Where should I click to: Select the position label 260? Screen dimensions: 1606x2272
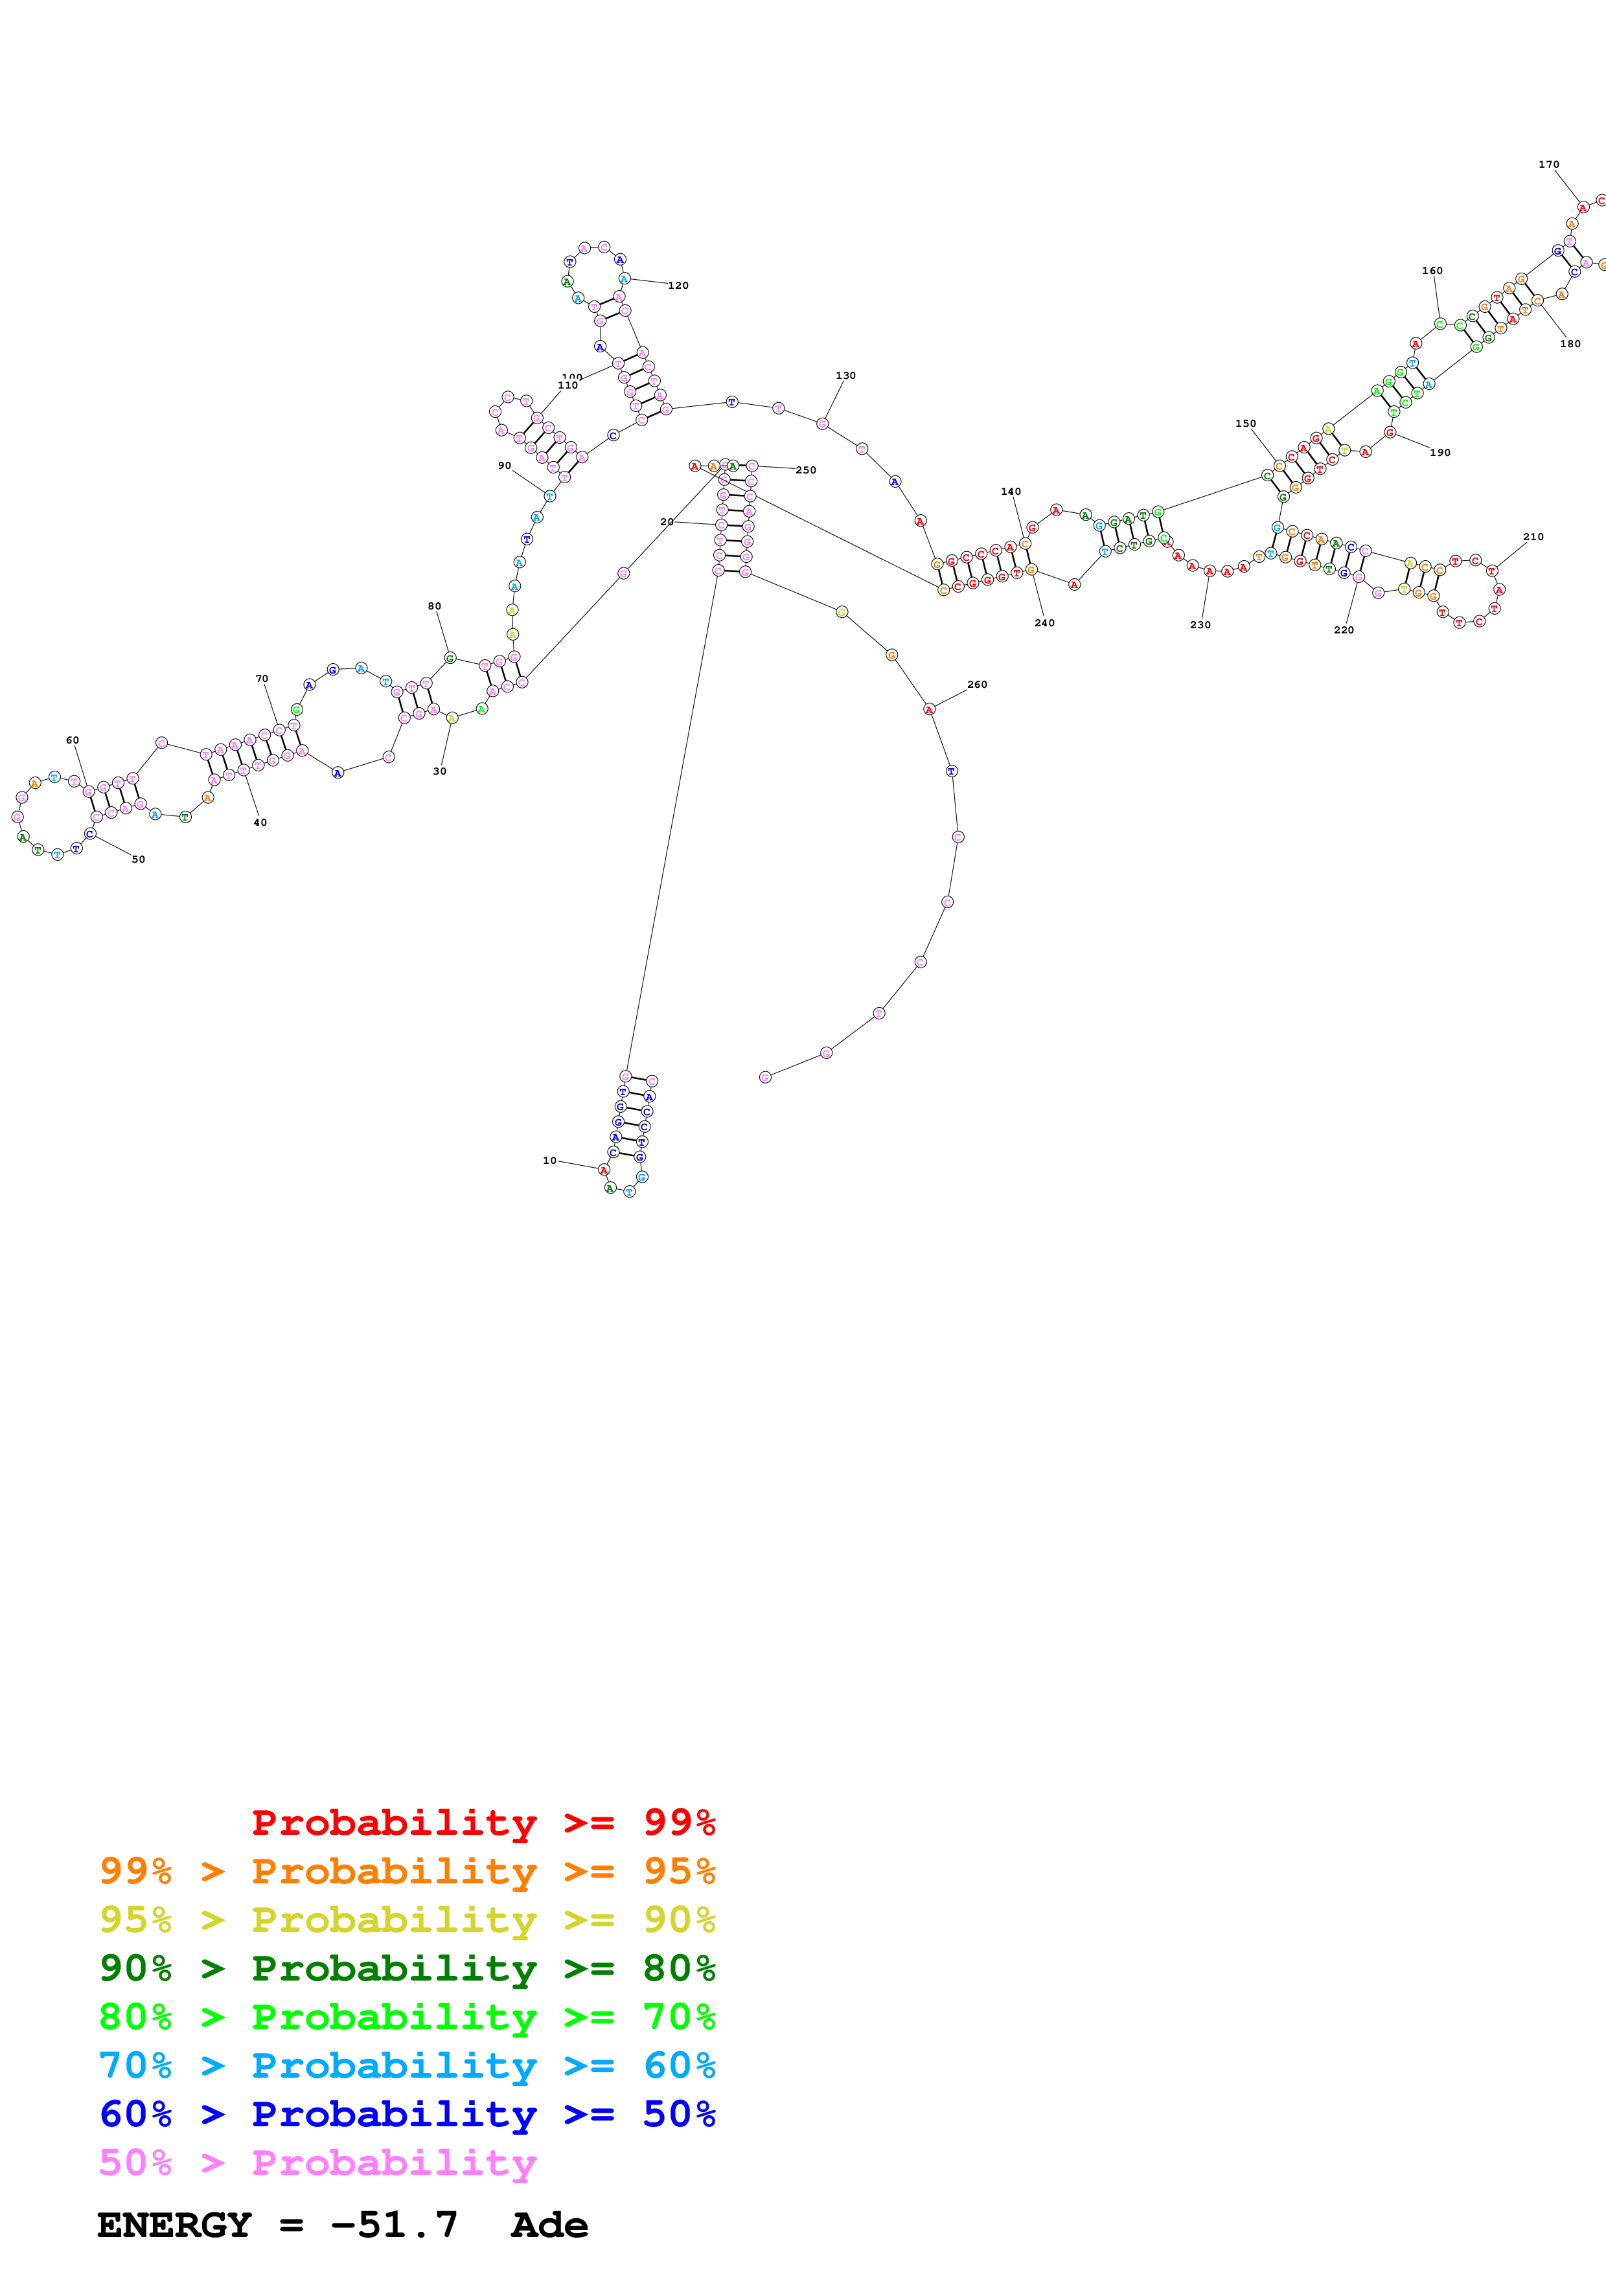pos(977,685)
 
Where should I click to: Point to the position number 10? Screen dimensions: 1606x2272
pos(549,1161)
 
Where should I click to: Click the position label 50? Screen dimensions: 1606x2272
pos(139,859)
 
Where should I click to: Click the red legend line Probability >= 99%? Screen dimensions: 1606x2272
pos(483,1823)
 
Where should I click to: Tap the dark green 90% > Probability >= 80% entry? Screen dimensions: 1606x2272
pos(407,1968)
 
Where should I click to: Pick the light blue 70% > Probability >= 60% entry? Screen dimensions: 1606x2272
pos(407,2066)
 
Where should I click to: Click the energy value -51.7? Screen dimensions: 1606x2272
pos(394,2225)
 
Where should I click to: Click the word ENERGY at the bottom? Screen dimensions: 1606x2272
pos(174,2225)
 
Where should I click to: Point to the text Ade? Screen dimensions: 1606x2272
pos(549,2225)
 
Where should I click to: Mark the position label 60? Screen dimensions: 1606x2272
pos(73,740)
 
